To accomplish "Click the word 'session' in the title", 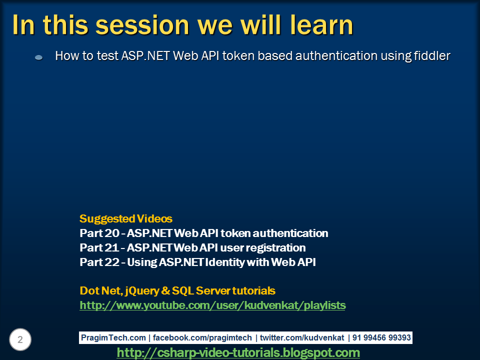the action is pos(142,25).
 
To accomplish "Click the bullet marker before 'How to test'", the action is pos(38,57).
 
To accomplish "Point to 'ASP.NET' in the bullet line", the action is pos(145,56).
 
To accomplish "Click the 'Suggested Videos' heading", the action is pos(126,218).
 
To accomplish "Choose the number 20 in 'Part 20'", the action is pos(111,233).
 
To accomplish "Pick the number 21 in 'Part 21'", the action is pos(111,247).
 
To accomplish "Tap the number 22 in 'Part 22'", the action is pos(111,262).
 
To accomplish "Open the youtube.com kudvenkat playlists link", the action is pos(212,305).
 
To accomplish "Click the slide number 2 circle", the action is pos(20,339).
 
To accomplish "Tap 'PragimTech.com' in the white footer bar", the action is pos(113,337).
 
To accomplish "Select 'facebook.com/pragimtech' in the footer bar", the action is pos(202,337).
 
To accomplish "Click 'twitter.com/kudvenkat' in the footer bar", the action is pos(302,337).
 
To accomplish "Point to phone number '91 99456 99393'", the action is pos(381,337).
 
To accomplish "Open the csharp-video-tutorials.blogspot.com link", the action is pos(238,352).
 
